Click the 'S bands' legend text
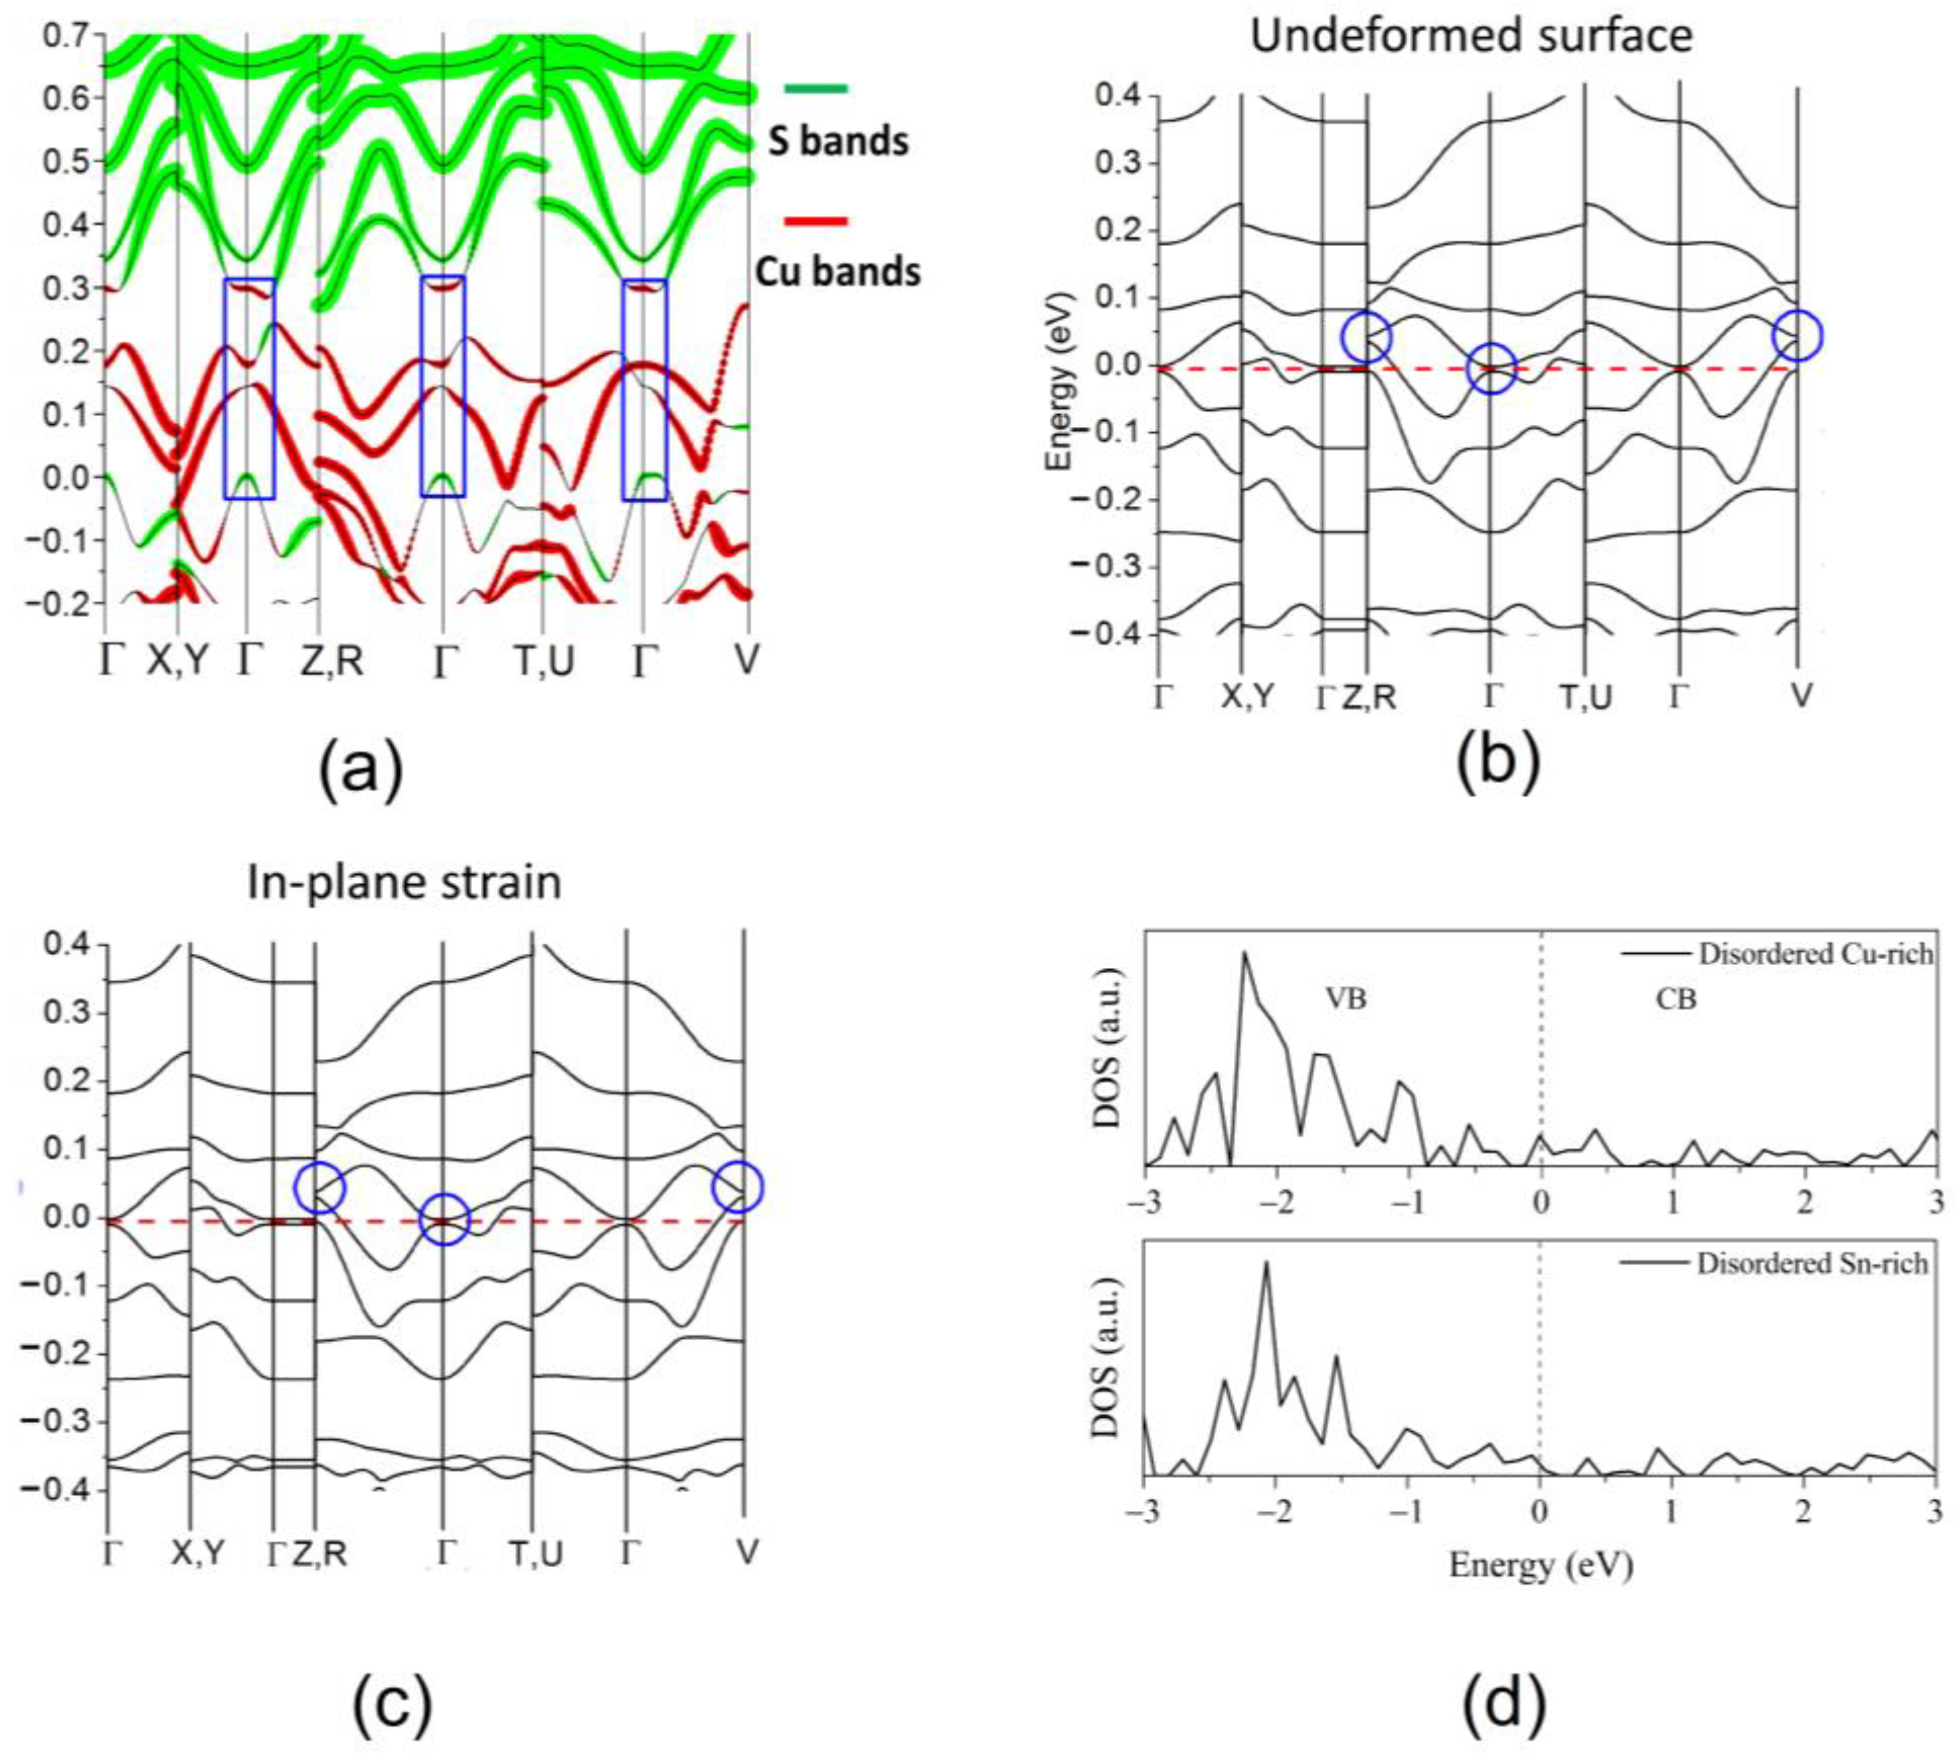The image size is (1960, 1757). point(837,142)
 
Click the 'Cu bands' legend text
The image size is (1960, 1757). point(837,272)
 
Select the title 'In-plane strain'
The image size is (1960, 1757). point(403,882)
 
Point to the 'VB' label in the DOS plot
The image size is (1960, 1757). point(1345,999)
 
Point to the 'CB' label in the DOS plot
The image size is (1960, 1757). point(1675,999)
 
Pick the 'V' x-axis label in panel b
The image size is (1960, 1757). point(1800,695)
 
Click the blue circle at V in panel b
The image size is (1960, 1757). point(1797,336)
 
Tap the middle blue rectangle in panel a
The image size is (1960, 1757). point(443,386)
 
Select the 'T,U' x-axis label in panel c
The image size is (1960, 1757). point(535,1553)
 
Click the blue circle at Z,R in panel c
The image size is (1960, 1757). point(320,1188)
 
